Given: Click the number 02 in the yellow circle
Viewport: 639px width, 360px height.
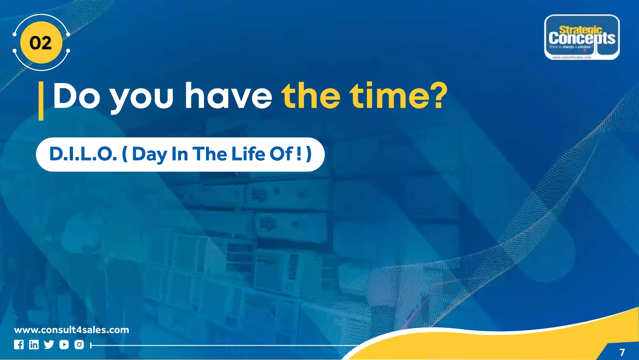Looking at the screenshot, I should tap(41, 43).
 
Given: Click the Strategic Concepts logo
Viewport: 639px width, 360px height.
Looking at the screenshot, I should tap(582, 37).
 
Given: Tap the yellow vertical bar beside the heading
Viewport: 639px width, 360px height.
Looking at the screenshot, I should tap(41, 101).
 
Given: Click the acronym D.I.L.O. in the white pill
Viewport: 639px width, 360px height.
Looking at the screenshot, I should tap(83, 154).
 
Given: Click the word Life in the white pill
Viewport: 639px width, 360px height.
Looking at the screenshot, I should tap(248, 154).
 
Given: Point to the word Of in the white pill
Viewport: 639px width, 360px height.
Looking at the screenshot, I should tap(281, 154).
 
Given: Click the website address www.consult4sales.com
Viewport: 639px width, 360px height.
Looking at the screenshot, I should tap(72, 330).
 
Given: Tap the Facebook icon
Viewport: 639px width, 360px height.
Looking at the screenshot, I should tap(19, 345).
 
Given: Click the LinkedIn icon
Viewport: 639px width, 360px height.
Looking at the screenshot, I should tap(34, 345).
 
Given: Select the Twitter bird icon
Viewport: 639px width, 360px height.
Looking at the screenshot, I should tap(49, 345).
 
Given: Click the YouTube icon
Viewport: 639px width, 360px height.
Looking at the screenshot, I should tap(64, 345).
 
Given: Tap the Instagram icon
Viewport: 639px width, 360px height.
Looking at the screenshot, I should tap(79, 345).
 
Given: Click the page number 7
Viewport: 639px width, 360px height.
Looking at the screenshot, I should tap(622, 352).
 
